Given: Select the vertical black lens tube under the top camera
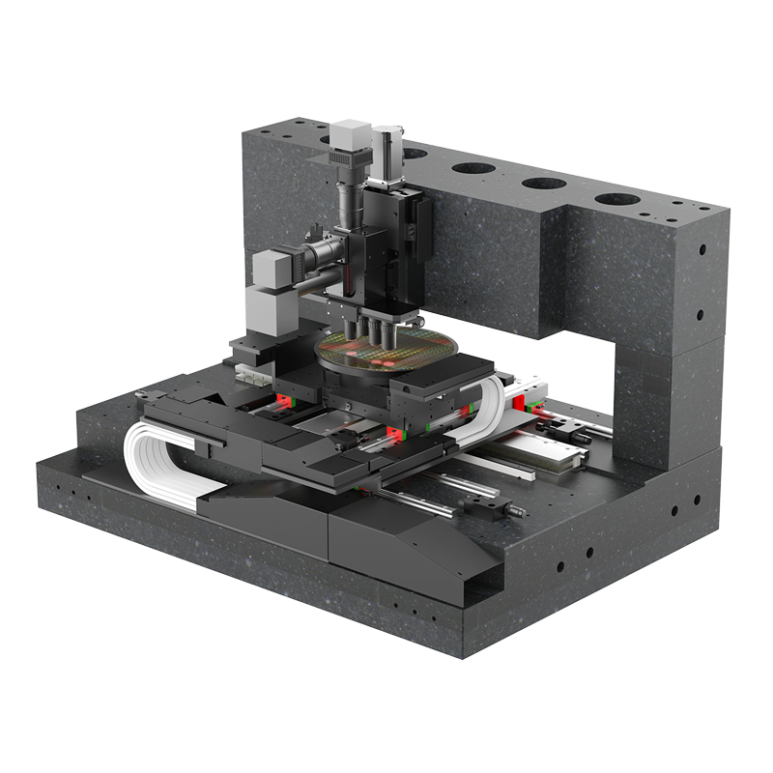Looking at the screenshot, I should coord(349,198).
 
